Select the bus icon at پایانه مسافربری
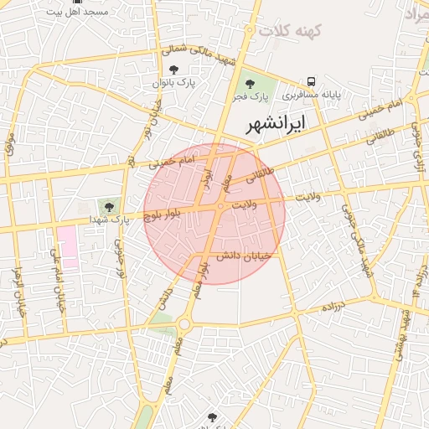312,82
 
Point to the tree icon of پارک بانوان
173,70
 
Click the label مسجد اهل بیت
78,13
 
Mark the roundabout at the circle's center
220,205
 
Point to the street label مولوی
10,142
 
